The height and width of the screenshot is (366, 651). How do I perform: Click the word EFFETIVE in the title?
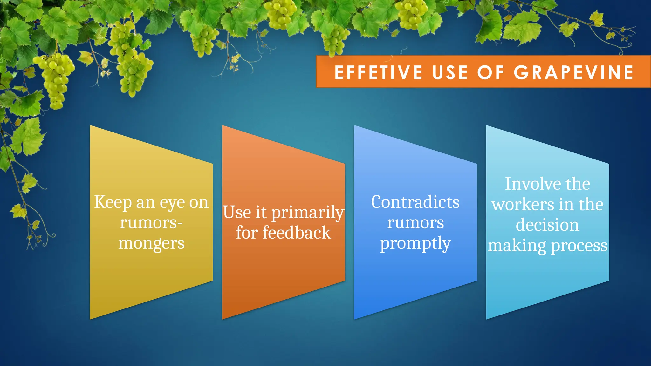coord(378,72)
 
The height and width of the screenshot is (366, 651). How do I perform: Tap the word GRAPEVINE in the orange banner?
coord(574,72)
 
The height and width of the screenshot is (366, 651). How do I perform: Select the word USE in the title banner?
coord(450,72)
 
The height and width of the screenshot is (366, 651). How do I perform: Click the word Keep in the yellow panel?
coord(113,202)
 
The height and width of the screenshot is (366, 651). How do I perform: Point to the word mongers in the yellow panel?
coord(151,244)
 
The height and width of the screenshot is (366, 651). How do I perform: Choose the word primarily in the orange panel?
coord(307,213)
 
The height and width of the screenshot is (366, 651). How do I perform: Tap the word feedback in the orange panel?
coord(296,233)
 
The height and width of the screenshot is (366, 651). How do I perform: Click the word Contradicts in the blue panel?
coord(415,202)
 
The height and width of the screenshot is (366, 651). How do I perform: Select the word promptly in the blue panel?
coord(415,244)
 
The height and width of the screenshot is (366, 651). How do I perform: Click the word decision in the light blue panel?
coord(547,225)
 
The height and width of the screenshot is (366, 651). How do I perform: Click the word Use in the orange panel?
coord(237,212)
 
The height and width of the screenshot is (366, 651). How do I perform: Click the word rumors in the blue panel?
coord(415,223)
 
